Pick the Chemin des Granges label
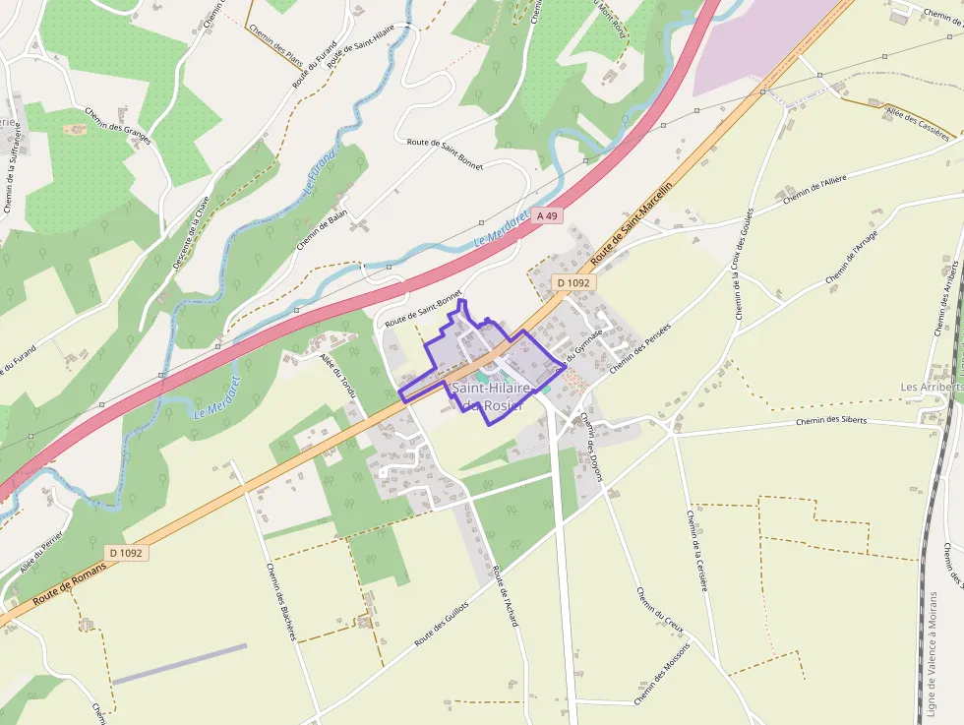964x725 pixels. (x=117, y=126)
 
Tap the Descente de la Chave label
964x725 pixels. (x=191, y=233)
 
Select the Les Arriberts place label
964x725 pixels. (x=930, y=388)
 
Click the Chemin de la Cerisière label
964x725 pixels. (x=696, y=550)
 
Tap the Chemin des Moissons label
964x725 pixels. (x=663, y=675)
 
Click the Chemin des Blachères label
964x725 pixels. (x=281, y=601)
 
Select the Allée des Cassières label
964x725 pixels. (x=920, y=123)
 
